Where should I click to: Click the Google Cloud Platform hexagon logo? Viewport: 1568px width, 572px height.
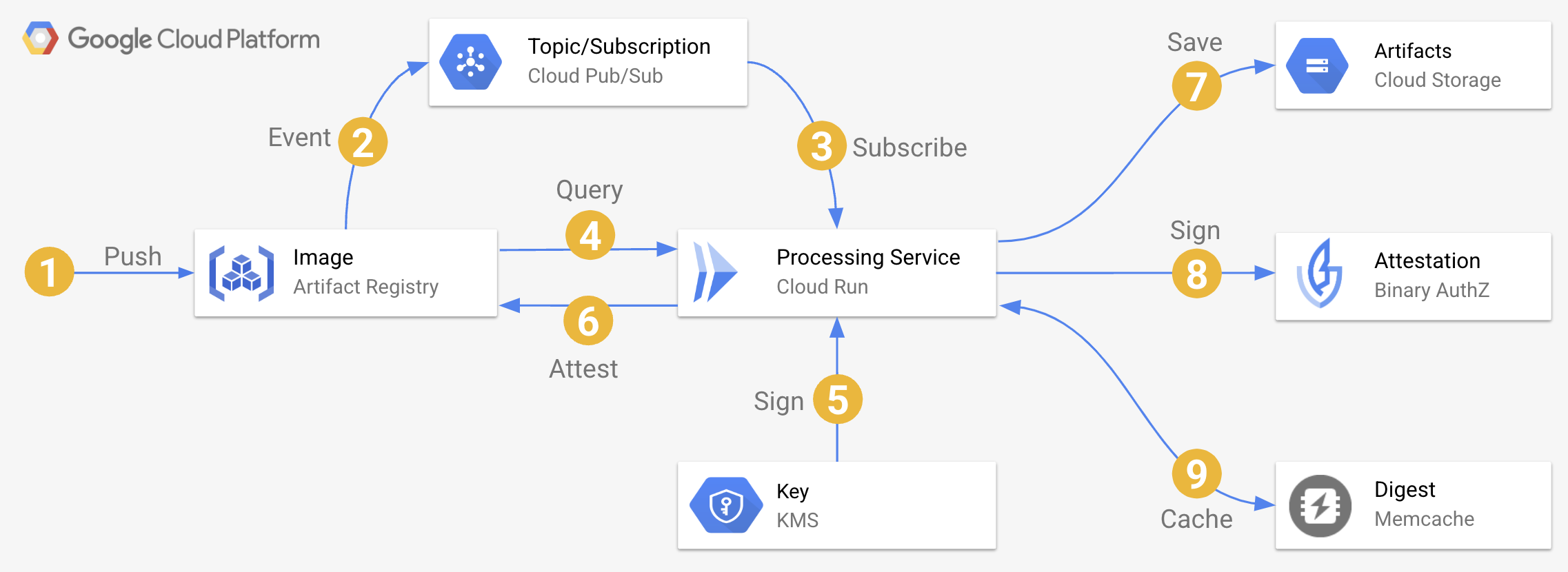pos(40,38)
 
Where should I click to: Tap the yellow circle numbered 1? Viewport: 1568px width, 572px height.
pos(49,272)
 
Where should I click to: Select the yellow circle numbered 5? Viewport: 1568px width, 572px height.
pos(837,400)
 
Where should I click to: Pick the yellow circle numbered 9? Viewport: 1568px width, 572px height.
pos(1196,473)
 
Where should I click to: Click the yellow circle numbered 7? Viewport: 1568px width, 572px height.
pos(1196,86)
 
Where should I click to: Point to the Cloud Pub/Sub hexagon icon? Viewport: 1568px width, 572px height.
pos(470,62)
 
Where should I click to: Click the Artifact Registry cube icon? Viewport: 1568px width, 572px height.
pos(241,273)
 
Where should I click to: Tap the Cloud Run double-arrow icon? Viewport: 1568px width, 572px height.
pos(714,272)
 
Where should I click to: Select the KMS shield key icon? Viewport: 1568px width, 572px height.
pos(725,505)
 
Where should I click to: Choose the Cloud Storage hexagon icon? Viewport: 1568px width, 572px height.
pos(1317,66)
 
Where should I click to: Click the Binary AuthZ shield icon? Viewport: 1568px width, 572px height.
pos(1320,274)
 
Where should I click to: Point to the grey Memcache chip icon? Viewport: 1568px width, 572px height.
pos(1320,506)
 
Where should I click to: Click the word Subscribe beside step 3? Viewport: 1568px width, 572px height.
pos(909,147)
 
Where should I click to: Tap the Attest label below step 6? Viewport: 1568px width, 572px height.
pos(583,369)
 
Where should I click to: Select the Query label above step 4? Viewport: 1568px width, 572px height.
pos(590,190)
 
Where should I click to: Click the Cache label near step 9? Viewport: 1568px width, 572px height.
pos(1196,519)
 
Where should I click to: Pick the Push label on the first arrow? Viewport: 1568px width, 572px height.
pos(132,256)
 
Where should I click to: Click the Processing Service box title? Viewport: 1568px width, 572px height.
pos(868,257)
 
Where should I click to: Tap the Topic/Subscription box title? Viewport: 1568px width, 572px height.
pos(619,46)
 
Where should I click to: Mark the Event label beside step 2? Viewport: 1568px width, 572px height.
pos(299,138)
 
